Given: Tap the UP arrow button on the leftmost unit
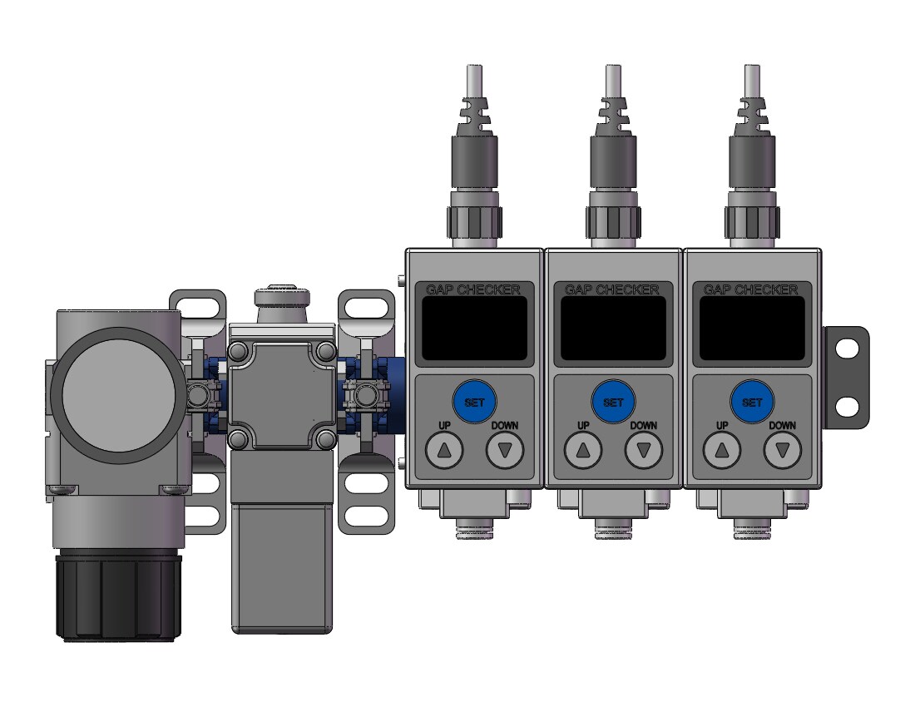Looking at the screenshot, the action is pyautogui.click(x=444, y=450).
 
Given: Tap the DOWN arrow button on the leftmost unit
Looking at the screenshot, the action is pyautogui.click(x=505, y=450).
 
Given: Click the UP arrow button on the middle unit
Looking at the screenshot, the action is pyautogui.click(x=583, y=450).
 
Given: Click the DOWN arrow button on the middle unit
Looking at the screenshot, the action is pyautogui.click(x=644, y=450).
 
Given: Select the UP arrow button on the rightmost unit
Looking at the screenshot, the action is pyautogui.click(x=722, y=450).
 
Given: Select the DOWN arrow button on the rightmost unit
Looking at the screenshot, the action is pyautogui.click(x=783, y=450).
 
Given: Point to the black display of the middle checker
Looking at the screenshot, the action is pyautogui.click(x=613, y=329).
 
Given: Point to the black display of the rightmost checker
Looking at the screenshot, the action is pyautogui.click(x=752, y=329).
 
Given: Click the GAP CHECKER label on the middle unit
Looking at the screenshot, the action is pyautogui.click(x=612, y=289).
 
